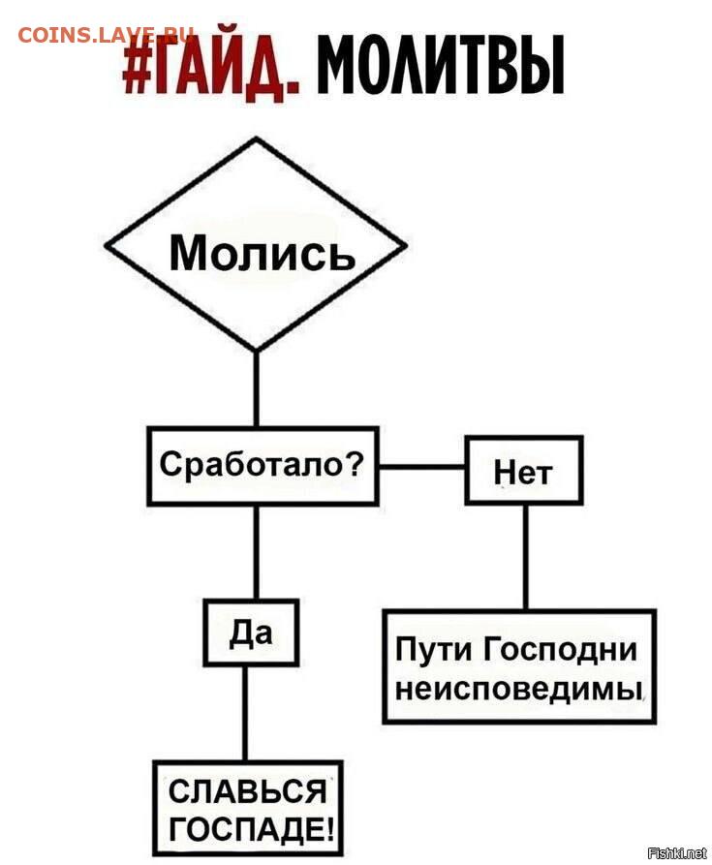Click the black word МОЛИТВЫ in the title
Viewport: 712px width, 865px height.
point(440,66)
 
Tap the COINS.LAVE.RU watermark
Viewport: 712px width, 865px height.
point(106,35)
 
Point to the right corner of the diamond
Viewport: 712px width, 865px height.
point(406,245)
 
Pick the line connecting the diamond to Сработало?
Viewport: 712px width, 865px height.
point(256,389)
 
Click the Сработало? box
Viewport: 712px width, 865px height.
point(263,466)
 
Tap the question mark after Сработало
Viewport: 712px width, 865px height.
point(353,464)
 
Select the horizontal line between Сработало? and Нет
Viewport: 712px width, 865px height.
point(422,467)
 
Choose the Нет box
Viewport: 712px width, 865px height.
point(524,470)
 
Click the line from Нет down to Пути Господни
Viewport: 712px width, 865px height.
point(525,557)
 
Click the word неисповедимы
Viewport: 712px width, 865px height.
point(519,689)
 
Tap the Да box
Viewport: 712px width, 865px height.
point(252,633)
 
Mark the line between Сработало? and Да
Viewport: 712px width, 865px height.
point(256,552)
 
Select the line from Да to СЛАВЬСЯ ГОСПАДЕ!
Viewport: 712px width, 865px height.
point(245,713)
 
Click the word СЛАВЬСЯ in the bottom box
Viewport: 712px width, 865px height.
point(247,791)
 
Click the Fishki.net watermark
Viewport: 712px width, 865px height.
point(677,852)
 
